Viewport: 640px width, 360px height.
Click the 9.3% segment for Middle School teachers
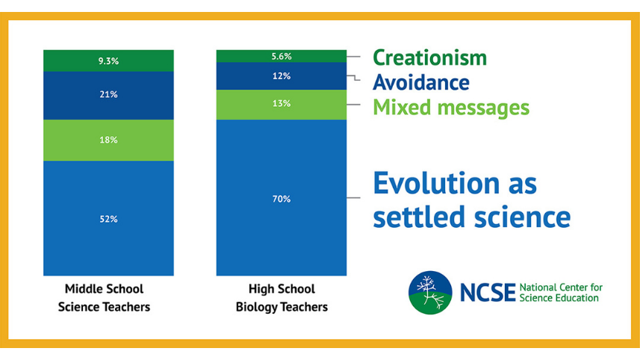point(108,60)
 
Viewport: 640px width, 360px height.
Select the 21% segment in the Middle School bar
point(108,95)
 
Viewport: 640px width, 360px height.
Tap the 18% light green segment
point(108,140)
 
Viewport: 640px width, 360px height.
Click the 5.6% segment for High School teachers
point(282,56)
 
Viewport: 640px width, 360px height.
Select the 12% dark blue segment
point(282,76)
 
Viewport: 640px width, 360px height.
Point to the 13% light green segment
point(282,104)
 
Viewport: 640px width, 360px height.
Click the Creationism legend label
point(429,57)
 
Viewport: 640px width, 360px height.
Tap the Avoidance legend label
point(421,81)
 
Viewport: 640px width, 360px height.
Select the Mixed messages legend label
point(451,107)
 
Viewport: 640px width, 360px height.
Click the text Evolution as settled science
point(471,199)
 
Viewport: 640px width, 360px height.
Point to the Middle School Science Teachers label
point(104,297)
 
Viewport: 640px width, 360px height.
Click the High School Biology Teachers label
point(282,297)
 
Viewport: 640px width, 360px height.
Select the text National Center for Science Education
point(560,292)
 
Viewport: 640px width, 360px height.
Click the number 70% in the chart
point(282,199)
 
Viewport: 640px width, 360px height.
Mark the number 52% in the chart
point(108,219)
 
